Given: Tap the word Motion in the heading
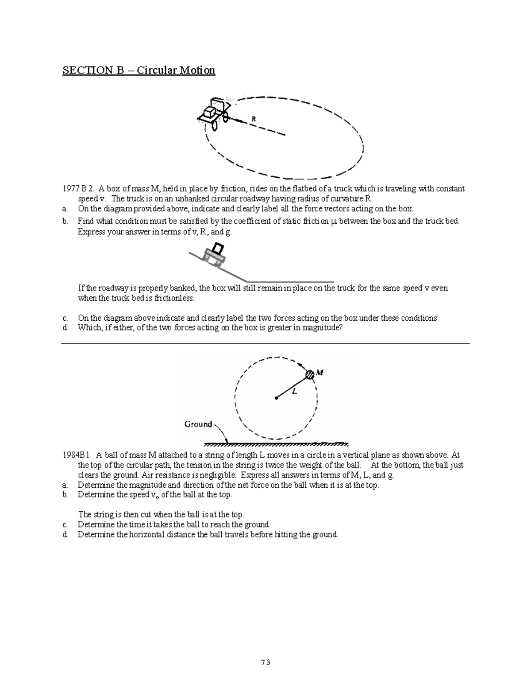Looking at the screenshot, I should click(196, 70).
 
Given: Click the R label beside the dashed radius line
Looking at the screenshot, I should click(254, 119).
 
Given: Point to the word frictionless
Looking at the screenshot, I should click(174, 298).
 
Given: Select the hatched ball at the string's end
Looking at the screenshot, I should click(310, 374).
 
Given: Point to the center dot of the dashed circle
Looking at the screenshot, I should click(276, 398).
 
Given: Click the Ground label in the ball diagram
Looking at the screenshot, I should click(198, 424).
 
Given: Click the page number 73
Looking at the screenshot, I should click(265, 663).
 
